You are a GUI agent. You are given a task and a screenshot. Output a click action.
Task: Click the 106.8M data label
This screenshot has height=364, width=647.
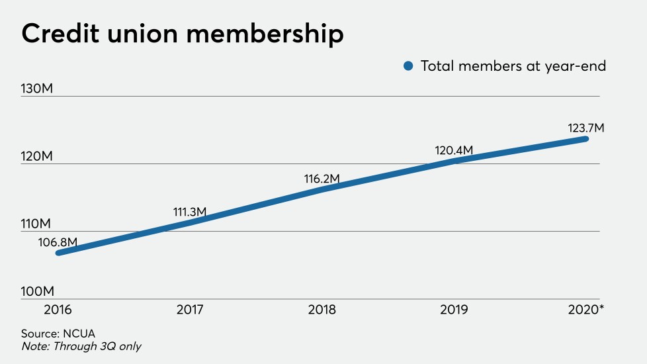point(58,242)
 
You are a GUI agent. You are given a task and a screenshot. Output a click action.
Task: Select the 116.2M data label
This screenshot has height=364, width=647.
point(321,179)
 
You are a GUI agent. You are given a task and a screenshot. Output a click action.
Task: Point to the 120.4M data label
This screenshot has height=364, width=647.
point(454,150)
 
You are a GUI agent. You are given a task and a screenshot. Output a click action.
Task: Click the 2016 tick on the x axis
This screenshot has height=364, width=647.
point(58,310)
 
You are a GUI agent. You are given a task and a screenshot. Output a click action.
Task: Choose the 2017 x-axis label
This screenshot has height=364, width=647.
point(190,310)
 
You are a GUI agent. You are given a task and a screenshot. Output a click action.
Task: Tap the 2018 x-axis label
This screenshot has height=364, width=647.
point(322,310)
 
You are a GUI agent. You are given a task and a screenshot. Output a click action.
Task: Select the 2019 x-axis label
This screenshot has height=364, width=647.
point(454,310)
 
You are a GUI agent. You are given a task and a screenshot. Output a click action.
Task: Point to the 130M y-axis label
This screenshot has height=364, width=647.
point(37,89)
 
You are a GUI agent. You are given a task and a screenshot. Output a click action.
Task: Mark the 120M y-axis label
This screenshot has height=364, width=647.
point(37,156)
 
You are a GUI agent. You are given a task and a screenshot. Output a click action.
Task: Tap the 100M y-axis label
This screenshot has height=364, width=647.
point(37,291)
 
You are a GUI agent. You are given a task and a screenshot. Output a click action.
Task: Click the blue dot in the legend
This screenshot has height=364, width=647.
point(408,66)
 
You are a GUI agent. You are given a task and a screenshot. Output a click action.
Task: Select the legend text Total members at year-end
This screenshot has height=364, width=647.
point(513,66)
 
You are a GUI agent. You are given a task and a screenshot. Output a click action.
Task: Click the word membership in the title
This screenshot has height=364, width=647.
point(265,34)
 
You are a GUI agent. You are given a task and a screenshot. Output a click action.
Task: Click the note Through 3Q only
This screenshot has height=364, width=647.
point(80,346)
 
